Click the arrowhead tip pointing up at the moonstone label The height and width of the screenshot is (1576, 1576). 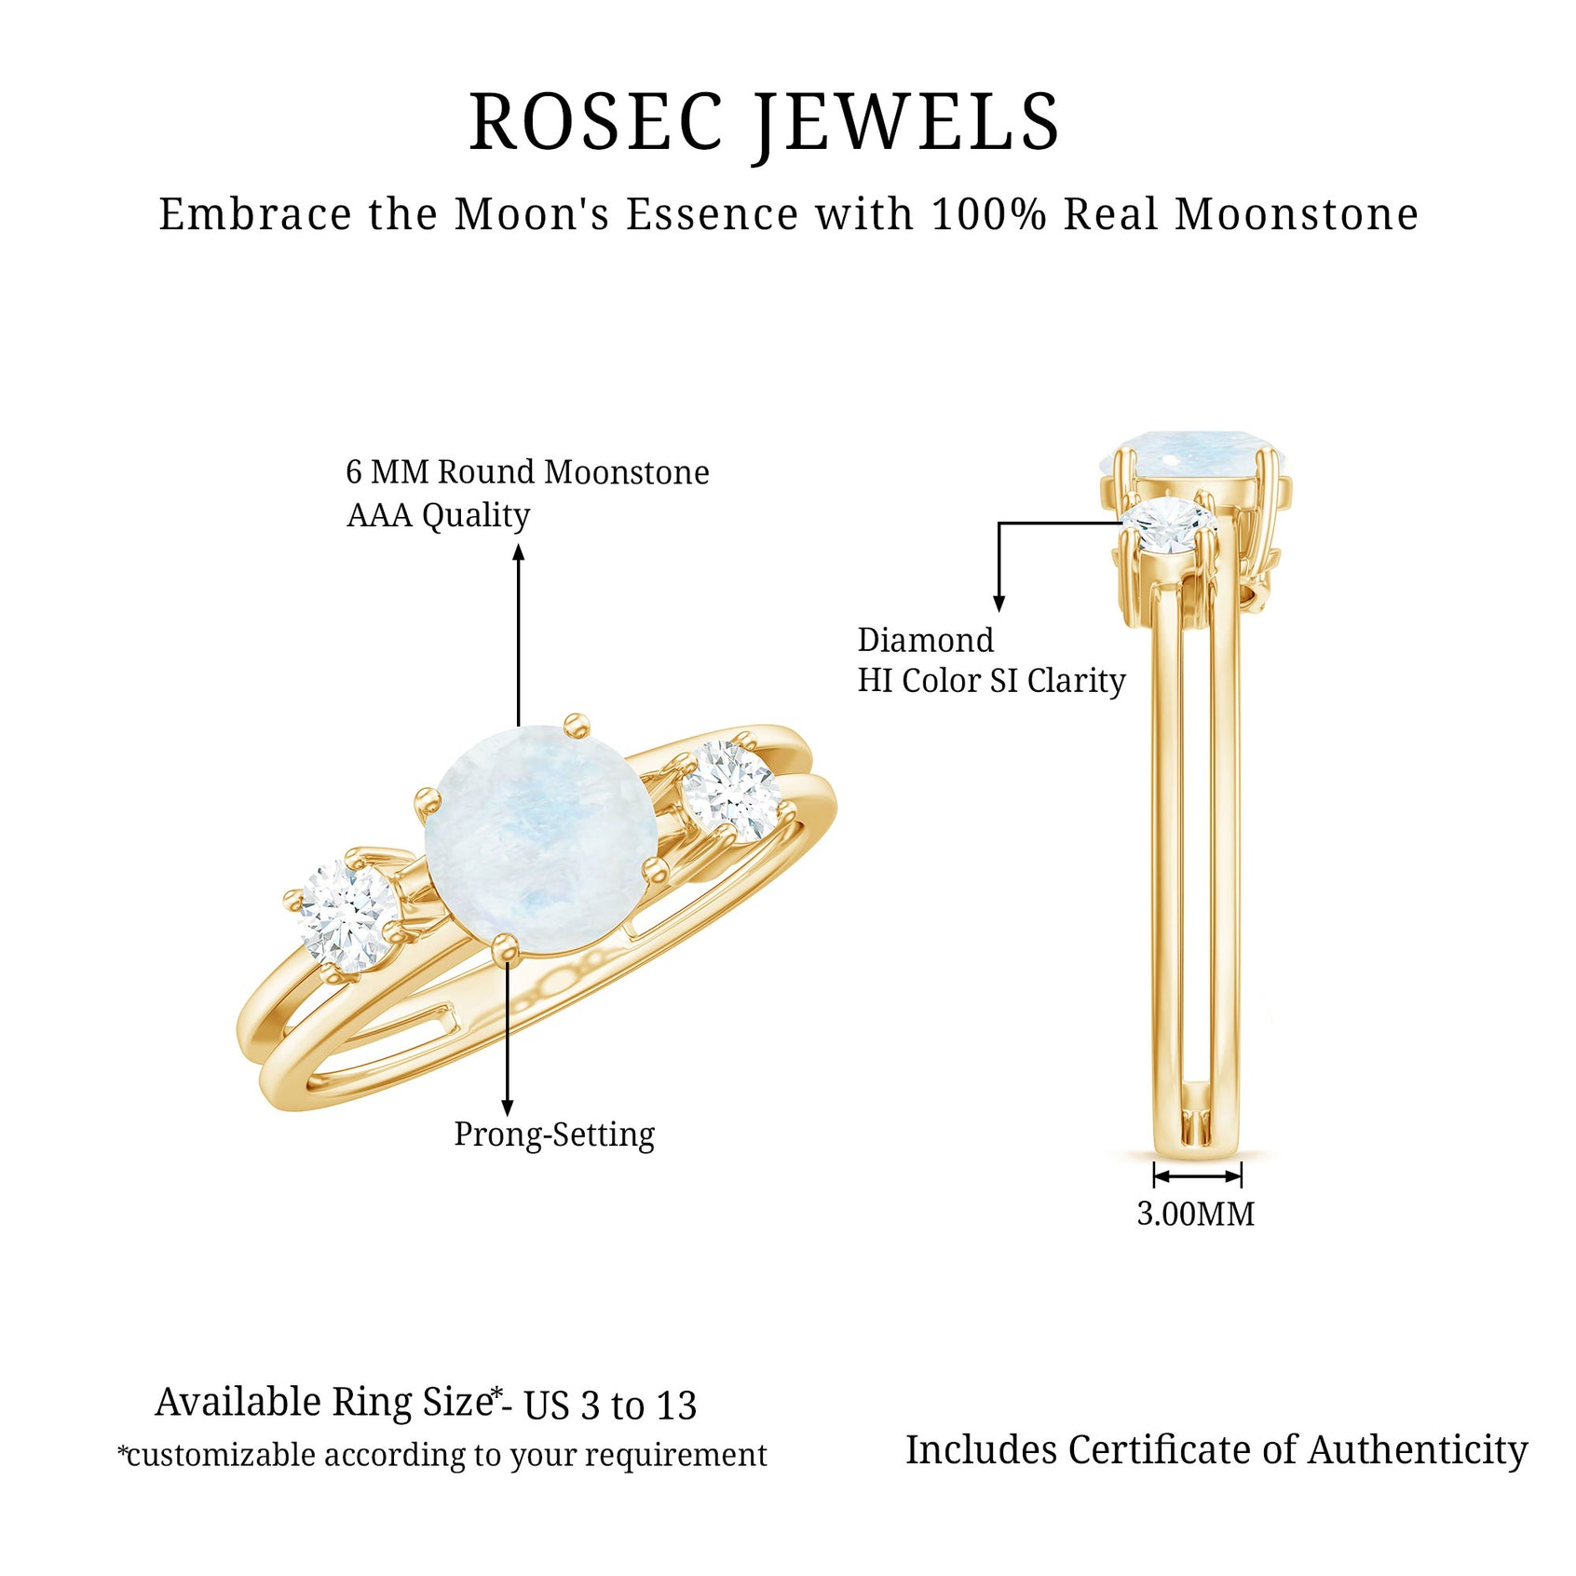(x=519, y=545)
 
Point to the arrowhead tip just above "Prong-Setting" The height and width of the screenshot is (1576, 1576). (x=507, y=1116)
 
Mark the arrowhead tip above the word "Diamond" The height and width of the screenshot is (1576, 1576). (x=999, y=612)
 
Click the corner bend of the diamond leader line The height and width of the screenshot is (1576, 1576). (x=999, y=523)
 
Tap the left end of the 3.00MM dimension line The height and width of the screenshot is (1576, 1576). (x=1154, y=1175)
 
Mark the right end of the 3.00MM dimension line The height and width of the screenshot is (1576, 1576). (x=1242, y=1175)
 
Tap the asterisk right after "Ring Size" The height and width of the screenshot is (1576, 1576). (x=496, y=1393)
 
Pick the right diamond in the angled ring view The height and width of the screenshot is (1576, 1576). (x=732, y=793)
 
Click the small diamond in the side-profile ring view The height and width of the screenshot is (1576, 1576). (x=1170, y=524)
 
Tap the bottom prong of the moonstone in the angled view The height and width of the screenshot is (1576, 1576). (x=505, y=946)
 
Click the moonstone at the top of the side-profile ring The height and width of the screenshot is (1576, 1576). (x=1194, y=455)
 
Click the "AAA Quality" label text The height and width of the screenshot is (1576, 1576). (x=438, y=515)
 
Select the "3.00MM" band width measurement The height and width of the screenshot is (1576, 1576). (x=1196, y=1214)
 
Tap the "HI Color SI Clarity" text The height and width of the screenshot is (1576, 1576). (x=991, y=681)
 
